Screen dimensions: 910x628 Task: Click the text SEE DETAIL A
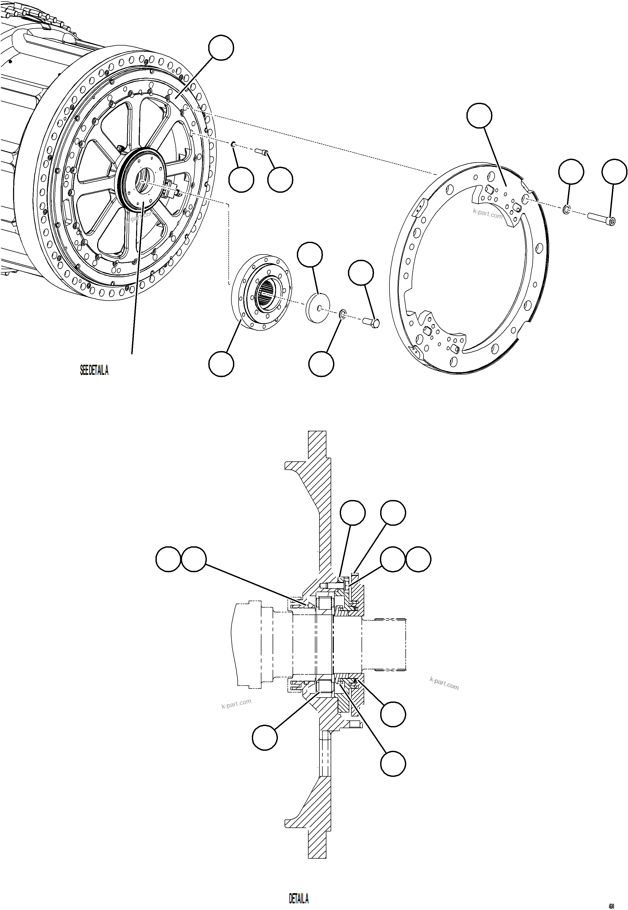[x=94, y=371]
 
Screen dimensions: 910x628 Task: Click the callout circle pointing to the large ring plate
[x=479, y=115]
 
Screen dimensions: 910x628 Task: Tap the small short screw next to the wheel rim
[x=261, y=151]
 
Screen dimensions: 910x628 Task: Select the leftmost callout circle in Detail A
[x=169, y=559]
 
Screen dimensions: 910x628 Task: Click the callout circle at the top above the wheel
[x=221, y=48]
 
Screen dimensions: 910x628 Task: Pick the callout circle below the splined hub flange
[x=221, y=364]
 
